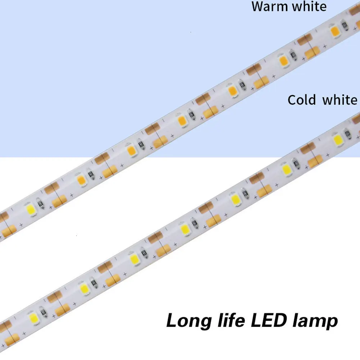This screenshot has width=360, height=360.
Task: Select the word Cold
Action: [x=301, y=100]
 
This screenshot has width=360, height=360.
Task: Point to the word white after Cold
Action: [x=340, y=100]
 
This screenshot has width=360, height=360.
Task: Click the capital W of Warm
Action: [x=258, y=6]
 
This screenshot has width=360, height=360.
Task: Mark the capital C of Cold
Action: [x=292, y=100]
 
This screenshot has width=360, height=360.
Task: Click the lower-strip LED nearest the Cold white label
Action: [x=338, y=139]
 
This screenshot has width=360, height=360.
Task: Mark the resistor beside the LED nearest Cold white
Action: [x=347, y=134]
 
